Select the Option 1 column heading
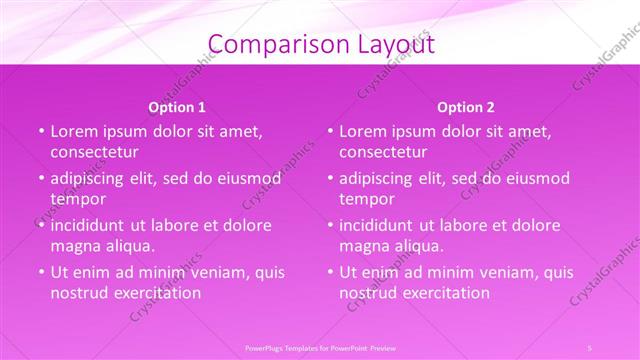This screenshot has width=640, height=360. pyautogui.click(x=177, y=107)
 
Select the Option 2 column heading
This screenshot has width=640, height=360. pyautogui.click(x=466, y=107)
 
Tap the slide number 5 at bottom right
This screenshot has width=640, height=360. pyautogui.click(x=590, y=347)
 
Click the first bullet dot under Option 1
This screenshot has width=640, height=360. pyautogui.click(x=42, y=132)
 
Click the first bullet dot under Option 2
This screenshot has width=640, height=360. pyautogui.click(x=331, y=132)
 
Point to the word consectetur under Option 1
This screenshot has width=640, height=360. pyautogui.click(x=94, y=152)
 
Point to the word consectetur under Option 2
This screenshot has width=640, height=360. pyautogui.click(x=383, y=152)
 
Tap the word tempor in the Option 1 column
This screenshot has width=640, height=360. pyautogui.click(x=77, y=199)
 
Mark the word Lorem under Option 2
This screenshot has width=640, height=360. pyautogui.click(x=362, y=131)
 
